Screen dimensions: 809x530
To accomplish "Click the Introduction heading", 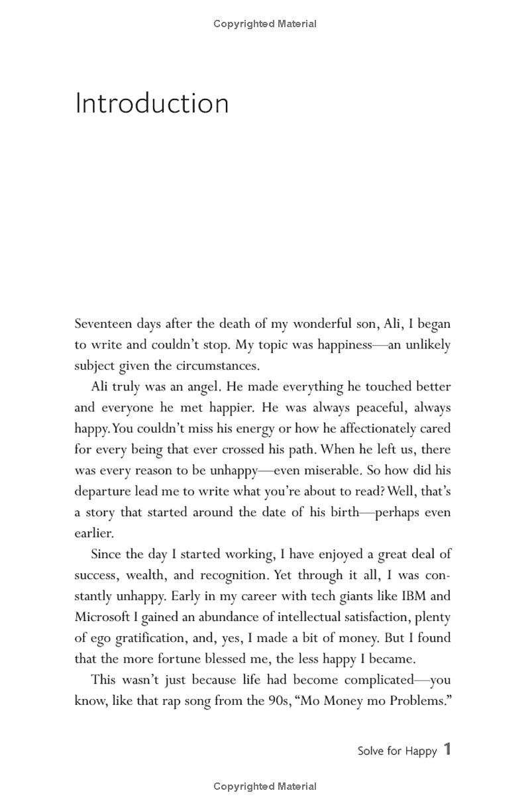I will pos(152,104).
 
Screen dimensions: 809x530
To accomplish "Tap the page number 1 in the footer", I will pos(447,749).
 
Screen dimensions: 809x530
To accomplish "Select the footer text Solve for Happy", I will pos(397,751).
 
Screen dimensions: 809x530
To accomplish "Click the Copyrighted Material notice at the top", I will pos(265,24).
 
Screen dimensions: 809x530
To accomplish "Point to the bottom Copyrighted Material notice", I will pos(265,786).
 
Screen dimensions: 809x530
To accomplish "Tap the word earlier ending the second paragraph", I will pos(93,533).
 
